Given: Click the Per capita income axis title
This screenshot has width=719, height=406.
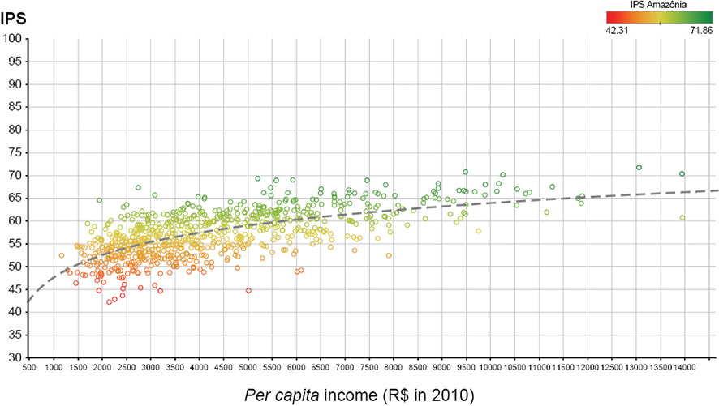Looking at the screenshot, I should click(x=359, y=395).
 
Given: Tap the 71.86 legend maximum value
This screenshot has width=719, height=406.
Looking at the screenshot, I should click(x=700, y=30).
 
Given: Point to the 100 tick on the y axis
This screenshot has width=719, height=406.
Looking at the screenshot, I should click(x=15, y=39).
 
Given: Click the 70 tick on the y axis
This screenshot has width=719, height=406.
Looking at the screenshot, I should click(x=15, y=176).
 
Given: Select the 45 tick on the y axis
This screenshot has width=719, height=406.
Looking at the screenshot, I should click(x=15, y=289).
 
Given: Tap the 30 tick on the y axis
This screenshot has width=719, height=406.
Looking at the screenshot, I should click(x=15, y=357).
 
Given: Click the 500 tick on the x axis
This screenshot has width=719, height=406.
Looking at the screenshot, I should click(x=30, y=366).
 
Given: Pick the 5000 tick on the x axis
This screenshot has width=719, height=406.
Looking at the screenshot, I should click(x=248, y=366).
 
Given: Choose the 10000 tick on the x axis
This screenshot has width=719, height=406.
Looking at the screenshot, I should click(x=491, y=366).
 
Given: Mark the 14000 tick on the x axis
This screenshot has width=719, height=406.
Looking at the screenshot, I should click(x=685, y=366).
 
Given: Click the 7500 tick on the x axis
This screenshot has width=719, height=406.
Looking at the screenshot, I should click(x=369, y=366).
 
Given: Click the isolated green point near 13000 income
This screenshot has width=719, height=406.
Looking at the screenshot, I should click(x=639, y=168).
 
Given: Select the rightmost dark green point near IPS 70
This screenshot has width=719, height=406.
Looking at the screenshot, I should click(x=682, y=174).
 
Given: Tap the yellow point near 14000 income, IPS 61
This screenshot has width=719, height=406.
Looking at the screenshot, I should click(x=682, y=218).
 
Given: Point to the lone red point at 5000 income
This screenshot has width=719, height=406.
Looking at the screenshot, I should click(x=248, y=290).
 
